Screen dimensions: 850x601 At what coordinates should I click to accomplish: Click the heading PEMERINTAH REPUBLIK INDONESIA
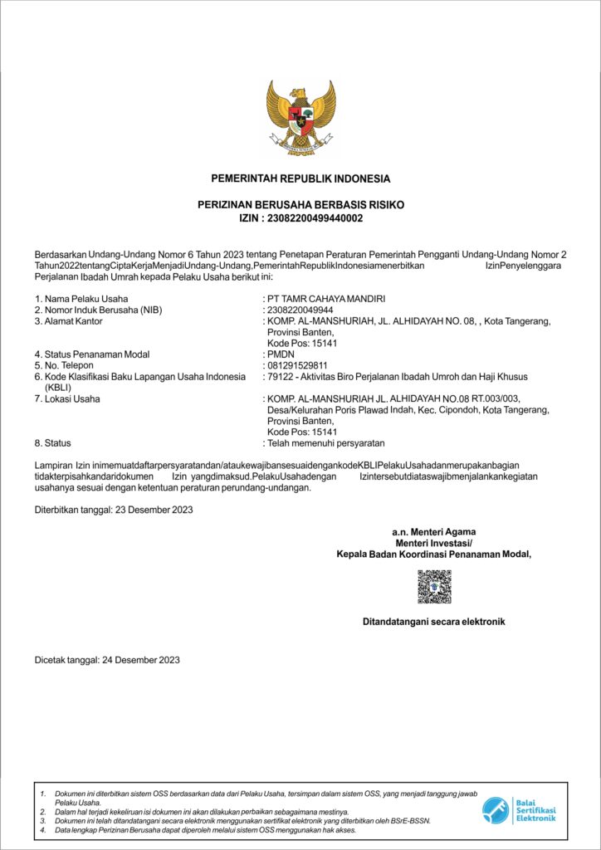300,178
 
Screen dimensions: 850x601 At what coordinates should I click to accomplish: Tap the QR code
434,586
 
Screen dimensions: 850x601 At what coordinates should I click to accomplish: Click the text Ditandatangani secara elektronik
434,621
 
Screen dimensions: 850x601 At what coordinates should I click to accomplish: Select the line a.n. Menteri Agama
434,531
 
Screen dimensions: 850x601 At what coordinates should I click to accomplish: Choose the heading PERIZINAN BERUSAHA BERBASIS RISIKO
300,204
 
